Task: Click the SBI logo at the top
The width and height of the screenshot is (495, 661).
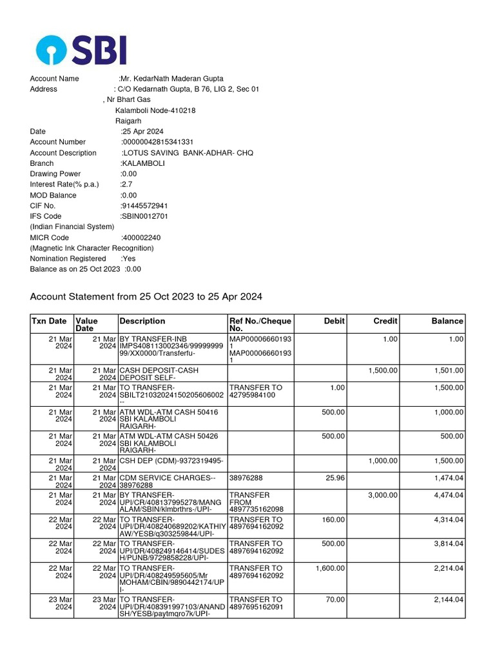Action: [81, 50]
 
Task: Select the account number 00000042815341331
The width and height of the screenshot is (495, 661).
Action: [158, 142]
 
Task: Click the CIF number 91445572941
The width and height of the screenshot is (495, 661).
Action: [144, 206]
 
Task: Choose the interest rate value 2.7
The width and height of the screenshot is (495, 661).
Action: [126, 185]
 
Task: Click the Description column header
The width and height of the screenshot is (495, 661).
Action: [142, 321]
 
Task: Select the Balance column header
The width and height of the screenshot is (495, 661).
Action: [447, 321]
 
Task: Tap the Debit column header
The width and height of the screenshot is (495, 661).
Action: [335, 321]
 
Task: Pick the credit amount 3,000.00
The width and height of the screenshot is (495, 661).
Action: [382, 495]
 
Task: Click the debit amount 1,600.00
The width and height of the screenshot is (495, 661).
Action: [330, 568]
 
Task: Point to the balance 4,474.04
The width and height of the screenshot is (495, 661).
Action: [449, 495]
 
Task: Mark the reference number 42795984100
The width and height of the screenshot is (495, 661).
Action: [257, 396]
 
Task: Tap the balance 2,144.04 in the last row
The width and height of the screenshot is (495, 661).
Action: [449, 600]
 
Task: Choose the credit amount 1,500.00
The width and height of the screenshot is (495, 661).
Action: [383, 371]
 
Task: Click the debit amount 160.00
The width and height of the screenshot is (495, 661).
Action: [333, 519]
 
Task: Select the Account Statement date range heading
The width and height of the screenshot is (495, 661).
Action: [146, 297]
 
